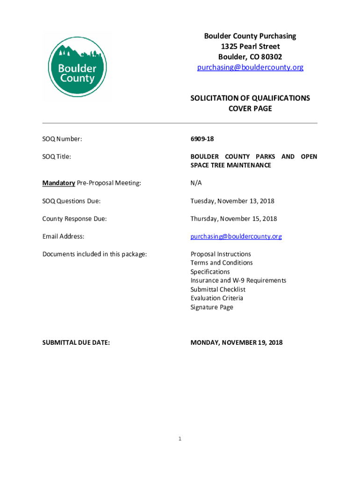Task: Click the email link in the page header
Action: (x=250, y=67)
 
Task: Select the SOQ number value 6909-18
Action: (x=202, y=139)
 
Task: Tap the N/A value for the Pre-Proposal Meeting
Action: (x=196, y=183)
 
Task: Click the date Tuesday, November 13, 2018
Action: (x=232, y=201)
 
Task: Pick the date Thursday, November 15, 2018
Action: (x=234, y=219)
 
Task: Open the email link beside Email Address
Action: (x=236, y=237)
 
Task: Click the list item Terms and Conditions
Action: (x=222, y=263)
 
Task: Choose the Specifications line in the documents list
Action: (x=210, y=272)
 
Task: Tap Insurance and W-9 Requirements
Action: (x=238, y=281)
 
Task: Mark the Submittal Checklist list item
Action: (x=218, y=290)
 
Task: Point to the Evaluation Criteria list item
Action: (x=217, y=298)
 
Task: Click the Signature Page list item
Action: (x=212, y=307)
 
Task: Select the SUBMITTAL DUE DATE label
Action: (x=76, y=343)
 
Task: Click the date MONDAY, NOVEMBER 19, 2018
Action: (x=237, y=343)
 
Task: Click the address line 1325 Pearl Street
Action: (x=250, y=46)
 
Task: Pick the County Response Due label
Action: (x=74, y=219)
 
